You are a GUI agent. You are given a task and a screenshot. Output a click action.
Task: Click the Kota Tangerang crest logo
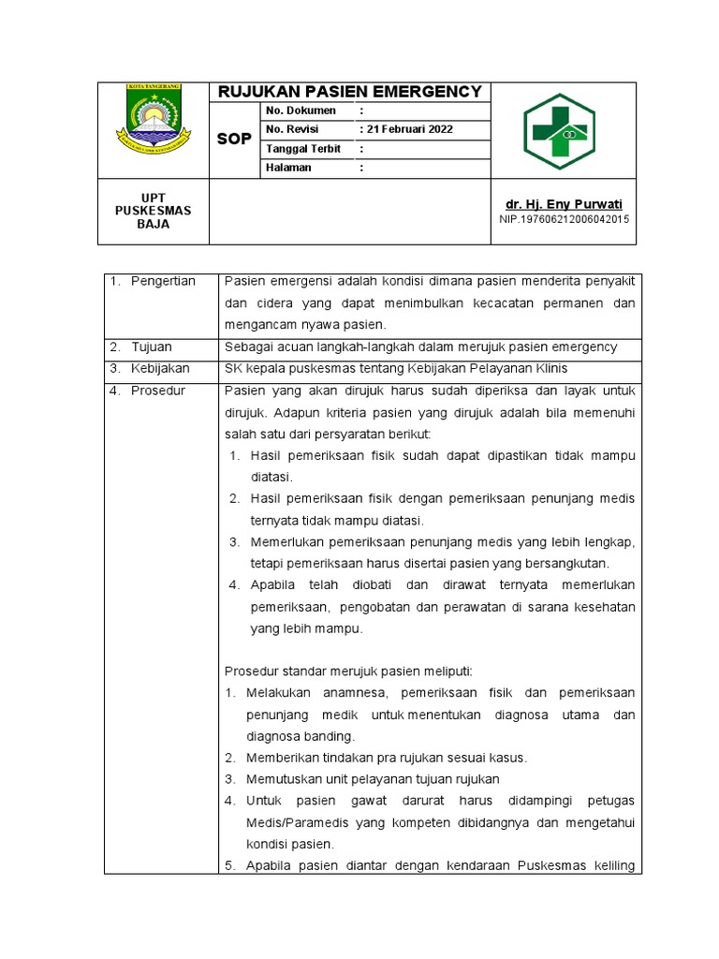154,120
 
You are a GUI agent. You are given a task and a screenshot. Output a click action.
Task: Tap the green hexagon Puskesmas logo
558,131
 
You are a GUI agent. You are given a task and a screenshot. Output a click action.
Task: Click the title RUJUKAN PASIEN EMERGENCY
349,92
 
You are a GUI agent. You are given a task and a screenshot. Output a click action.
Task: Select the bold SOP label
234,140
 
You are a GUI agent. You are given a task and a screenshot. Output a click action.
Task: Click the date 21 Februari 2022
410,129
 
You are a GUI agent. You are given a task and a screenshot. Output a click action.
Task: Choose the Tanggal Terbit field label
303,149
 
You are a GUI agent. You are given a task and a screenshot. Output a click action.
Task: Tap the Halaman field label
289,169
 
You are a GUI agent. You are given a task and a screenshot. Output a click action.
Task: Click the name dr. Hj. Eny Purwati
564,204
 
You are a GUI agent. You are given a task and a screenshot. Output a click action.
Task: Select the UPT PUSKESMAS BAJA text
153,211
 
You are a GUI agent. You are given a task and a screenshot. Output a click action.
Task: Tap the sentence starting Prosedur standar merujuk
349,671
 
